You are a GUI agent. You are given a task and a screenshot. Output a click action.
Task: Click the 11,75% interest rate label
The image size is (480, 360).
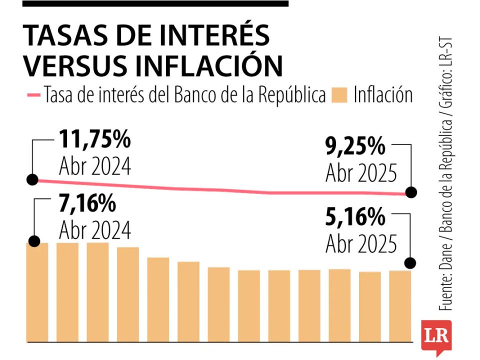click(94, 139)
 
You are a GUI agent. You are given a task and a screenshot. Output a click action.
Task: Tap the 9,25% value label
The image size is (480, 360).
click(355, 147)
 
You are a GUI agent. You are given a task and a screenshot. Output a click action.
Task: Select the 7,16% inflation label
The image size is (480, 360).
click(87, 204)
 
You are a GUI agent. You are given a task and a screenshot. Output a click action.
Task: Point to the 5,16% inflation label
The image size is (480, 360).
click(355, 218)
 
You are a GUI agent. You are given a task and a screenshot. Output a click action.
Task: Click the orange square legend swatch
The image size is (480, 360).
click(339, 94)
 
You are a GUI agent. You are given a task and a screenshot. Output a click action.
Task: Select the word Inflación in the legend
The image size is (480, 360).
click(383, 94)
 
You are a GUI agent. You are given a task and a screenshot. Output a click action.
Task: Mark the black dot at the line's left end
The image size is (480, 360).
click(32, 179)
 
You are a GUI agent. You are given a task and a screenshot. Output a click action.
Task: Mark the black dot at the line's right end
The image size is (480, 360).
click(411, 192)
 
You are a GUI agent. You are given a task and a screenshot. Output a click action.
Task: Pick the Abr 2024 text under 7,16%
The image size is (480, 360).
click(94, 230)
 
